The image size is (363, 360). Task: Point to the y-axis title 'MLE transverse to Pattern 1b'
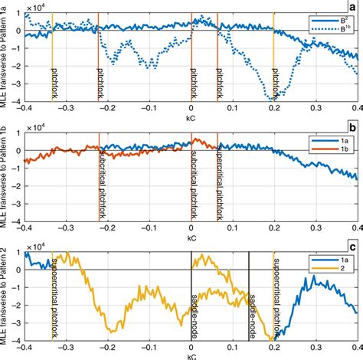(x=6, y=179)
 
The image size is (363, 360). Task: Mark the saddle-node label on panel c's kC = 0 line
(x=196, y=314)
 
